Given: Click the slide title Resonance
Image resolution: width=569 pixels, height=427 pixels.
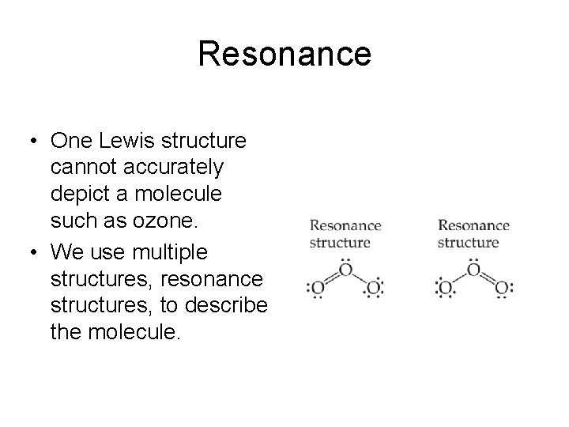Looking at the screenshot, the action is pos(284,54).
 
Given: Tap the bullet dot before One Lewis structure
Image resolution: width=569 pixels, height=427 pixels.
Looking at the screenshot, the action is pos(31,142).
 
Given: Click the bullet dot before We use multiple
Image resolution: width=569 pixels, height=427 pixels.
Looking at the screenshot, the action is pos(31,253).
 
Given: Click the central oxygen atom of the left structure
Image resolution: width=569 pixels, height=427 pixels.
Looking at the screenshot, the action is pos(345,271).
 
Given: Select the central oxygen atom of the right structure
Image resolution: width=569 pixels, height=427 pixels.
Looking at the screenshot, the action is pos(473,271).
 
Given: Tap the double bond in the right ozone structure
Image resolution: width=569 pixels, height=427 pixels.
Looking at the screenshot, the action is pos(488,280).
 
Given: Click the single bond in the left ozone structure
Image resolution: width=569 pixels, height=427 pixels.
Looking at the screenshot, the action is pos(360,280).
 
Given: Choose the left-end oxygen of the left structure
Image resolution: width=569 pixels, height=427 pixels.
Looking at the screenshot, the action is pos(317,289).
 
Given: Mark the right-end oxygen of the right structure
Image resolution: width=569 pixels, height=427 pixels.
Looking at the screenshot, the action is pos(501,289).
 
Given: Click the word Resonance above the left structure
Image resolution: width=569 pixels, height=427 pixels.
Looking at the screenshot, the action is pos(345,226).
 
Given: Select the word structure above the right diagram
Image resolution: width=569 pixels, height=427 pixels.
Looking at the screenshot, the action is pos(467,242).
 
